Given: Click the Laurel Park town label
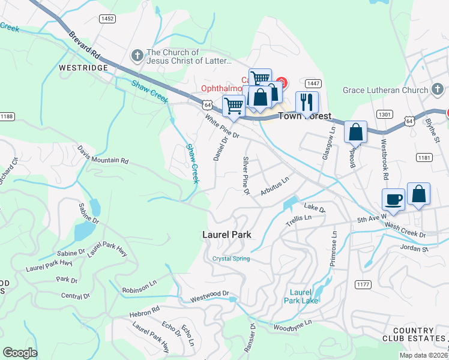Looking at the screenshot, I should click(x=227, y=235).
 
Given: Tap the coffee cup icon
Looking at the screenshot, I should click(x=394, y=200).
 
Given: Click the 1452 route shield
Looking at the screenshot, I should click(x=107, y=19).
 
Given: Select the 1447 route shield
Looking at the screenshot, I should click(x=312, y=83).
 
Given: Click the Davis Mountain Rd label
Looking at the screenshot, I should click(x=103, y=154).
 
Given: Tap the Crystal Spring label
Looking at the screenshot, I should click(x=231, y=259).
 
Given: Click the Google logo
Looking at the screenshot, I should click(x=20, y=353).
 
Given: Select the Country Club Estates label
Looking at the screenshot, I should click(x=413, y=335).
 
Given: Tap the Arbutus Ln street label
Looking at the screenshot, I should click(x=275, y=187).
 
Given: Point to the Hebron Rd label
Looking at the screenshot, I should click(x=144, y=312).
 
